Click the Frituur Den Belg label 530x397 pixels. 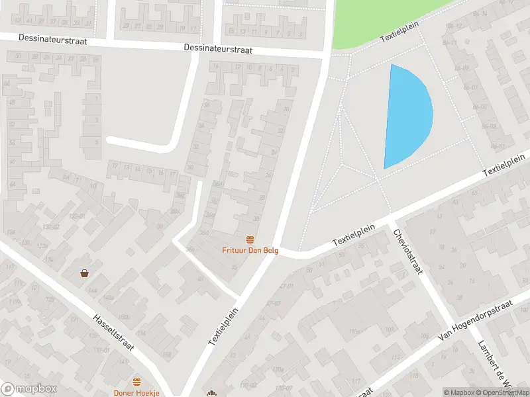pyautogui.click(x=250, y=250)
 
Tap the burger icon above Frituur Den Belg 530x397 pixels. pyautogui.click(x=250, y=240)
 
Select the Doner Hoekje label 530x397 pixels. pyautogui.click(x=136, y=392)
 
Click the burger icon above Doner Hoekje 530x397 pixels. pyautogui.click(x=136, y=382)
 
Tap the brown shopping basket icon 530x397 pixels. pyautogui.click(x=85, y=273)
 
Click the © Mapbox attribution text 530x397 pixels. pyautogui.click(x=459, y=392)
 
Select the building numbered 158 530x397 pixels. pyautogui.click(x=167, y=355)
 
